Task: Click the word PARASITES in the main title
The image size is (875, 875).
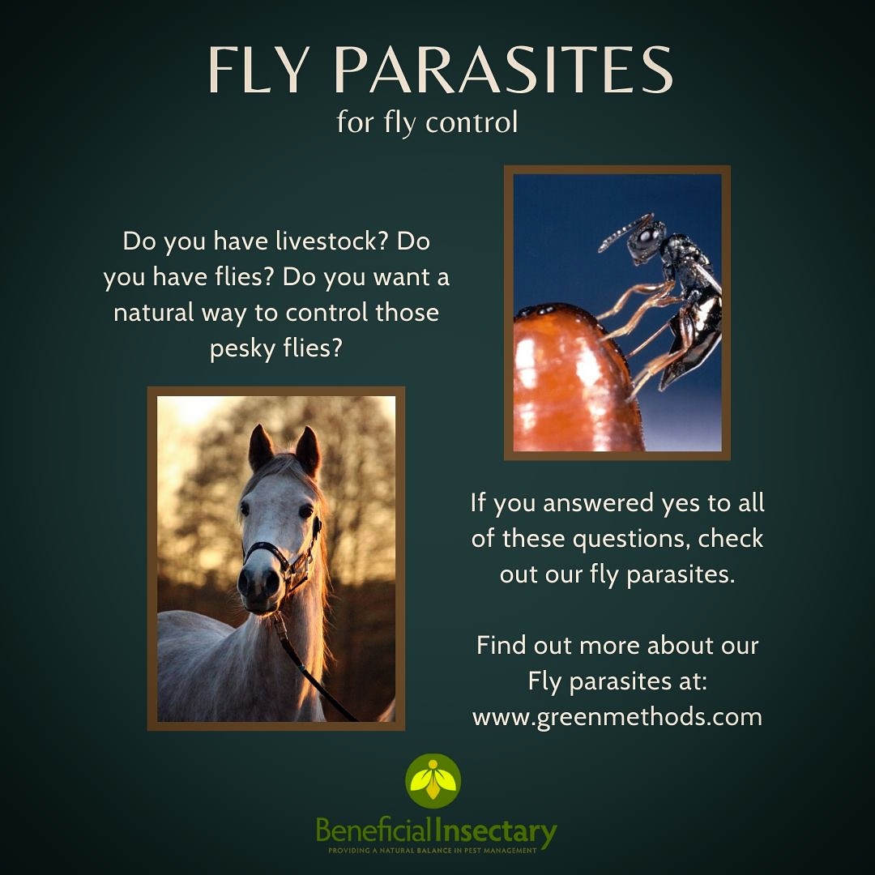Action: coord(503,70)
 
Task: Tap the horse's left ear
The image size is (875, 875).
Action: coord(260,448)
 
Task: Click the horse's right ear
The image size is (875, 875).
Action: coord(308,450)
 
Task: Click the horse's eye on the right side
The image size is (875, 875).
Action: coord(305,511)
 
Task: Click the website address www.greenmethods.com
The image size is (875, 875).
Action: coord(617,717)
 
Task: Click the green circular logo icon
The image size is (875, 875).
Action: coord(433,781)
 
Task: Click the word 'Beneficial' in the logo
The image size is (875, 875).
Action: coord(374,831)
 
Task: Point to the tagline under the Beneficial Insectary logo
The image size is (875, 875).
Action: coord(433,851)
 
